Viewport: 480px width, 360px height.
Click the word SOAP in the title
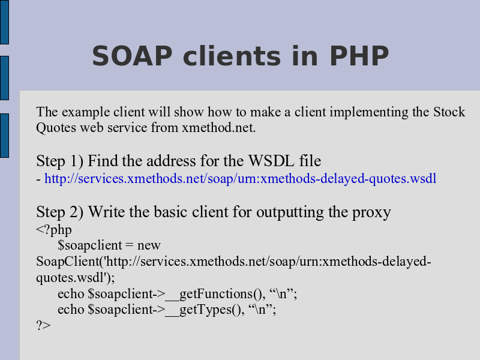tap(132, 56)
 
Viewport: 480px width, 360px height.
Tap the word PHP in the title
tap(359, 56)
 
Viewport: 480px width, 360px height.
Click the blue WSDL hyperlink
tap(241, 178)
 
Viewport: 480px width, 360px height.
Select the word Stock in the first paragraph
tap(449, 112)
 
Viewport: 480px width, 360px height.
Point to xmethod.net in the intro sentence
tap(218, 127)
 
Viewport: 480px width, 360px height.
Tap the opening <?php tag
tap(54, 230)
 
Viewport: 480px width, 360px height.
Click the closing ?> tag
tap(43, 325)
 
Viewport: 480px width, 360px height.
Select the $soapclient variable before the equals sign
tap(90, 245)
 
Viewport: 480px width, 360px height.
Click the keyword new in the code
tap(149, 245)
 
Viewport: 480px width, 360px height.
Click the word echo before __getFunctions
tap(71, 294)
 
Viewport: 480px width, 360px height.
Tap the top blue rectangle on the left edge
tap(4, 22)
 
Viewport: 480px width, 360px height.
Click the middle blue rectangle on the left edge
tap(4, 78)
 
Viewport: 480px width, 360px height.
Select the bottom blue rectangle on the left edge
tap(4, 136)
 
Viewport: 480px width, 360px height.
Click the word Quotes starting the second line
tap(56, 128)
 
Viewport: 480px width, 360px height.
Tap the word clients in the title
tap(232, 56)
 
